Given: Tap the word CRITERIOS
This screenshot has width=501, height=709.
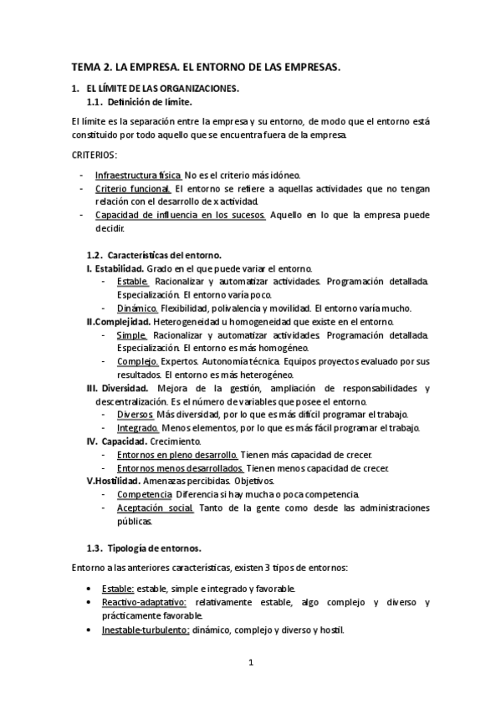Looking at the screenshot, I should click(95, 155).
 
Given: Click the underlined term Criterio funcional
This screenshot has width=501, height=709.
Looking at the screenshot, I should click(134, 189).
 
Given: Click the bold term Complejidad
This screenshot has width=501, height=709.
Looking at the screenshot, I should click(122, 321).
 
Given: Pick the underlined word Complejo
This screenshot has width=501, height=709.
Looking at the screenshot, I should click(138, 361).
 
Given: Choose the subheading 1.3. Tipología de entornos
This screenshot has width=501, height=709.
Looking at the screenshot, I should click(144, 548).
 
